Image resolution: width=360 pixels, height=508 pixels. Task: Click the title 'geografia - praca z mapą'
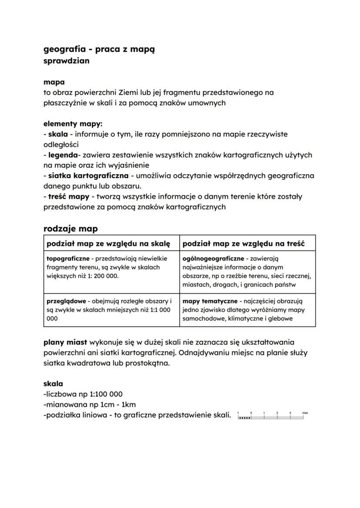point(99,50)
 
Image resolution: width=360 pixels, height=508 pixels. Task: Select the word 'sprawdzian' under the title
point(67,61)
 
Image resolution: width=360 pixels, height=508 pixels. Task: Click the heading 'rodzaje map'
point(70,229)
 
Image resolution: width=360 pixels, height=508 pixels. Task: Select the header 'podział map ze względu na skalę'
point(108,243)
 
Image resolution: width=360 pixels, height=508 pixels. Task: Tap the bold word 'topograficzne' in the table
point(65,259)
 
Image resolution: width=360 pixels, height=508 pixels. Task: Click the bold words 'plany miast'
point(65,342)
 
